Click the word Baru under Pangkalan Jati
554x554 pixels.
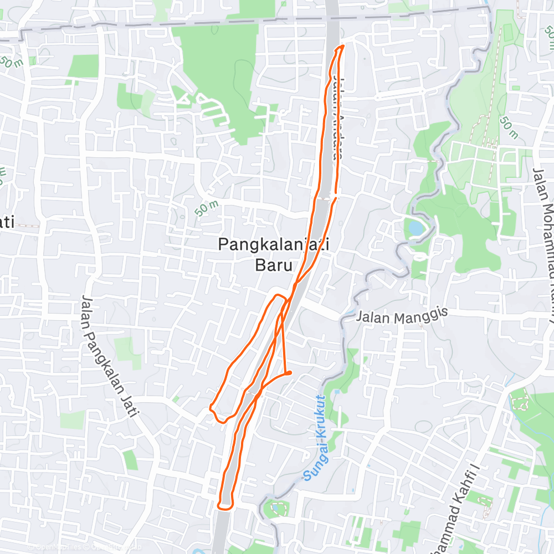pyautogui.click(x=273, y=265)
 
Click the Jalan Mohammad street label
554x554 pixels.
pyautogui.click(x=545, y=222)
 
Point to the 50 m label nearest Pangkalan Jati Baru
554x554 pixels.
pyautogui.click(x=207, y=208)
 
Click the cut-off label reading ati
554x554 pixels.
pyautogui.click(x=7, y=223)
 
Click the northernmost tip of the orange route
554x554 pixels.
pyautogui.click(x=343, y=46)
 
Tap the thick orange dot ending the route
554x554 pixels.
pyautogui.click(x=289, y=373)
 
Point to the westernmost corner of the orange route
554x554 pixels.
pyautogui.click(x=211, y=408)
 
